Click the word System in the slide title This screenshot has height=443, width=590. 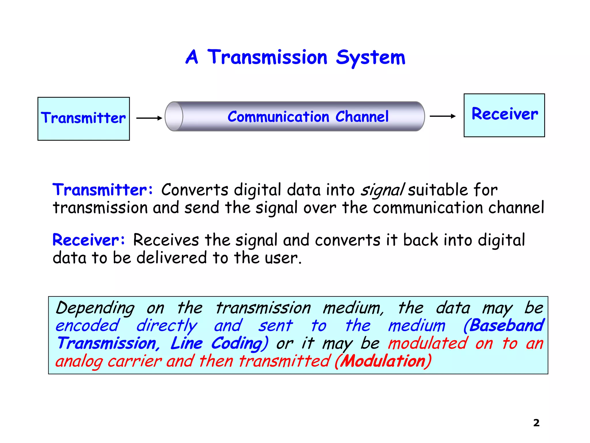coord(370,58)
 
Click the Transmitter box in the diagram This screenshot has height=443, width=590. coord(84,119)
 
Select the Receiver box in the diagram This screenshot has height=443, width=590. coord(504,115)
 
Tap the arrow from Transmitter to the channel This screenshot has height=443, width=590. coord(149,118)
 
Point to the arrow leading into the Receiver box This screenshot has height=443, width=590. coord(442,116)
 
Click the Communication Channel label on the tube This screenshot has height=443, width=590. coord(308,117)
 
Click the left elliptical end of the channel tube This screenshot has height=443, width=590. coord(174,117)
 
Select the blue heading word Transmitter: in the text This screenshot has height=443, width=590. coord(103,190)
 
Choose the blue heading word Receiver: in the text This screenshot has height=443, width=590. coord(89,240)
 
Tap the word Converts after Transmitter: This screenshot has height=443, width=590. coord(195,190)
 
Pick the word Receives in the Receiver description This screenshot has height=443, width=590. coord(166,240)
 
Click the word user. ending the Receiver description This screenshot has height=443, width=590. coord(283,258)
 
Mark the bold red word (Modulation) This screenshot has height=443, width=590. coord(383,361)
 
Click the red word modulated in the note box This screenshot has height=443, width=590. coord(428,343)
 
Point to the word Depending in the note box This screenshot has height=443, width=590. coord(95,308)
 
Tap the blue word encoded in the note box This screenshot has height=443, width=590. coord(87,326)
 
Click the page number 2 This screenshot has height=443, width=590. coord(536,423)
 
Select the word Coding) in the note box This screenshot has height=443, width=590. coord(240,344)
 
